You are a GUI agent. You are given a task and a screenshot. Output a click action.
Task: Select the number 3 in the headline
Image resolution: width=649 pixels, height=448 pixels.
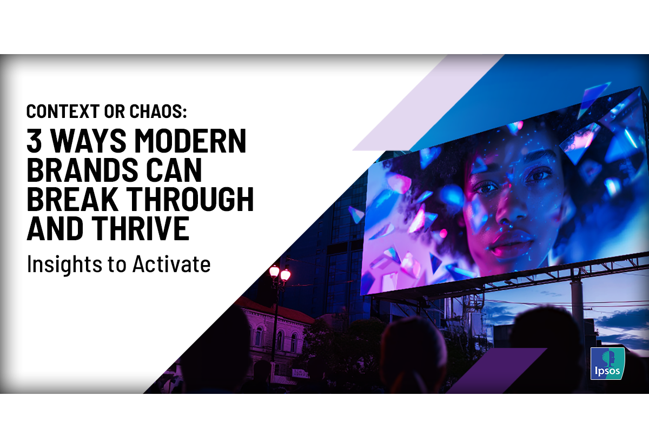pos(34,141)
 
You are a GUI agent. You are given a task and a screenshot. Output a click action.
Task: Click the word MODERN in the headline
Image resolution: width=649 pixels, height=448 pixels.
pos(190,141)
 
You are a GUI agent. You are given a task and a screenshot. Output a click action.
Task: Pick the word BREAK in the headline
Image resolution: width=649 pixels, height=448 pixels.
pos(72,199)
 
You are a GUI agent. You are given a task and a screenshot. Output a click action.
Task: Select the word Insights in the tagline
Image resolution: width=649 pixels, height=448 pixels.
pos(64,264)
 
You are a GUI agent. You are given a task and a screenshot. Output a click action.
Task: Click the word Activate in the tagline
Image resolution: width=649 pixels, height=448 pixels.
pos(171,263)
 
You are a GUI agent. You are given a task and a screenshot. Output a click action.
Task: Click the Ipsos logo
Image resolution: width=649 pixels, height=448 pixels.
pos(607,364)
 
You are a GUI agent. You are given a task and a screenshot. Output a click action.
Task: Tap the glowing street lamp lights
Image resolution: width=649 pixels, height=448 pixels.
pos(280,273)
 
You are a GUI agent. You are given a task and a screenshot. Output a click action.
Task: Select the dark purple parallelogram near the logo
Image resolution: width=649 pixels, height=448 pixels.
pos(496,370)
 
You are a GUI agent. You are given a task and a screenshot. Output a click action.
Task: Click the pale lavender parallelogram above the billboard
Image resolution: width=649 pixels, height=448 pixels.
pos(428,102)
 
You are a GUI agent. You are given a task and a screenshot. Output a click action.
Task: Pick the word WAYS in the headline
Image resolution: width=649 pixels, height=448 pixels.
pos(88,141)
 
